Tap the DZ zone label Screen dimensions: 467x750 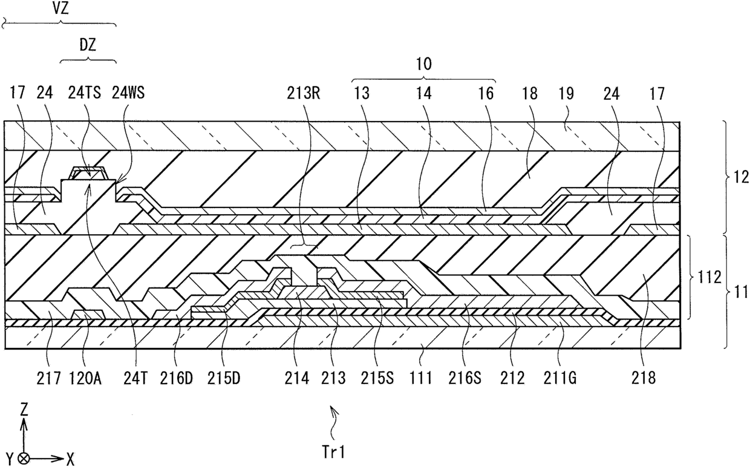[x=89, y=45]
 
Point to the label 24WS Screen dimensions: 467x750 [x=129, y=94]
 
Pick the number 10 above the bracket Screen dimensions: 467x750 [x=424, y=65]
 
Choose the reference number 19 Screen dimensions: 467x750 [x=566, y=94]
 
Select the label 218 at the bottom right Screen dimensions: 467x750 [x=644, y=379]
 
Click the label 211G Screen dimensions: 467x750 [x=561, y=379]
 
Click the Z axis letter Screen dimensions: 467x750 [x=24, y=410]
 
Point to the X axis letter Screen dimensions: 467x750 [x=70, y=460]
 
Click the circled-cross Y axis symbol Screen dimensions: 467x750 [x=24, y=459]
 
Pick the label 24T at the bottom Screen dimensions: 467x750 [x=135, y=379]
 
